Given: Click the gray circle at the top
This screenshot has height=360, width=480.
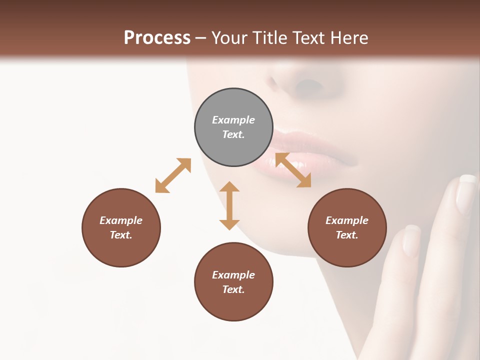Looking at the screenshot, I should (x=233, y=127).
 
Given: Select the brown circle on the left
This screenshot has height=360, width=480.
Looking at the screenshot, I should (x=121, y=227).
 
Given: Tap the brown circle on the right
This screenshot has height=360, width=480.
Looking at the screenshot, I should (x=347, y=227).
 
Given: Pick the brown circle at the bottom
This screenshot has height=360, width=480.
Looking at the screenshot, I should (x=233, y=281).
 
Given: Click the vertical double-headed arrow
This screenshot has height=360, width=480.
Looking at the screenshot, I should (x=229, y=205).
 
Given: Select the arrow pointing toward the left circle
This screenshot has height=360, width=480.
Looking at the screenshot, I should (x=173, y=175).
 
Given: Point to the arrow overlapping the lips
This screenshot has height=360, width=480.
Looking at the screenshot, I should (x=293, y=170).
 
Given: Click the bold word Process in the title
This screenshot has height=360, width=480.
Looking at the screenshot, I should (x=157, y=37).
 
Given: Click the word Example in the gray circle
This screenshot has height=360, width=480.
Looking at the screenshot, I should (x=233, y=120).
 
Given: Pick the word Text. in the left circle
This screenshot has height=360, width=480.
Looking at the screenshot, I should (x=121, y=235).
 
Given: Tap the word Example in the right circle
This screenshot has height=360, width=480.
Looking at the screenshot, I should (x=347, y=220).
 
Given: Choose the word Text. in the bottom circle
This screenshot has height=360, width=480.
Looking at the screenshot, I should (x=233, y=289).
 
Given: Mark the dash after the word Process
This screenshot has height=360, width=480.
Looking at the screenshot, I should (x=201, y=38).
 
